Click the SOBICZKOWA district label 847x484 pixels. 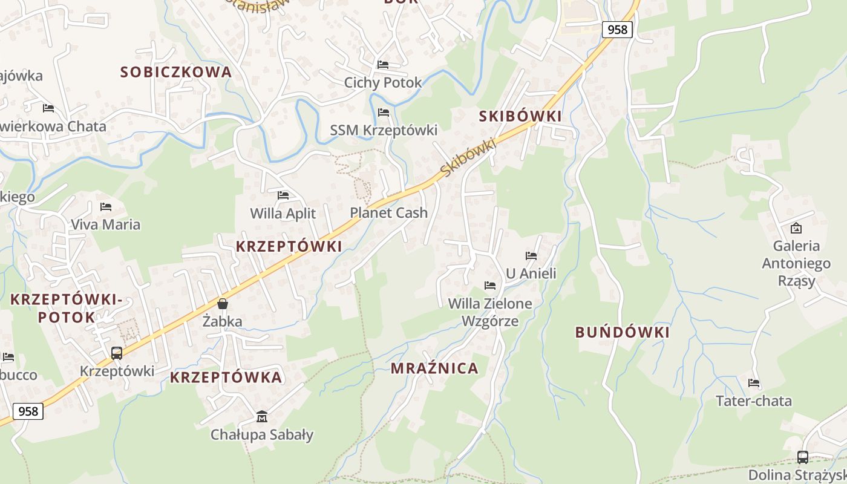coord(176,72)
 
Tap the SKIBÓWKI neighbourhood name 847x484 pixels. coord(520,116)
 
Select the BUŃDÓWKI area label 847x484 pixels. coord(623,332)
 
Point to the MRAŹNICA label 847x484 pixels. coord(434,368)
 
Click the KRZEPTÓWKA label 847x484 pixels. coord(226,378)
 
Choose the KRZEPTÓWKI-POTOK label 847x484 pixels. coord(67,308)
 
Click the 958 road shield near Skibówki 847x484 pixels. coord(617,29)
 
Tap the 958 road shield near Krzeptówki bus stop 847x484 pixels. coord(28,411)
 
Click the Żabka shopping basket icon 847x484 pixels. coord(223,304)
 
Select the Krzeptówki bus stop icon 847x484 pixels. coord(117,353)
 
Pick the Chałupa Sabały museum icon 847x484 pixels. coord(262,417)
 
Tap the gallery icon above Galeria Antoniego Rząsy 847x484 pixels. coord(796,228)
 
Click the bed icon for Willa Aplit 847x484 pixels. coord(283,195)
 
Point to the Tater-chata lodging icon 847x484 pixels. coord(754,383)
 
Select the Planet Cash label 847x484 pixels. coord(388,213)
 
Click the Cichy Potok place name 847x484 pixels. coord(383,83)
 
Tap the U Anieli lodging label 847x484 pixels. coord(531,273)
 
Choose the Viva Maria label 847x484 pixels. coord(105,224)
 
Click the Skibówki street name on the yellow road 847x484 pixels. coord(468,158)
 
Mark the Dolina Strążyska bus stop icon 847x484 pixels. coord(803,457)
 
